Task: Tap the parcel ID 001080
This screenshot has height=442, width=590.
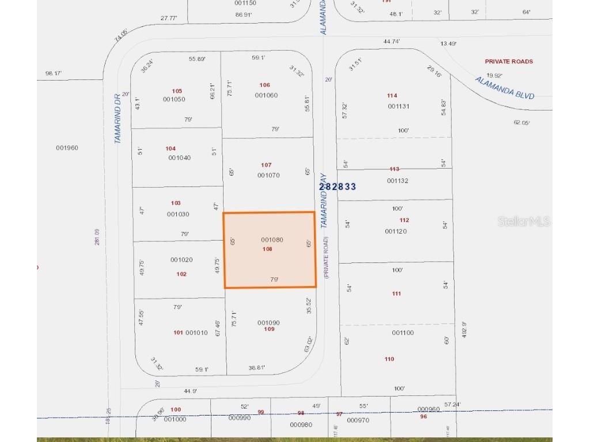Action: pos(272,239)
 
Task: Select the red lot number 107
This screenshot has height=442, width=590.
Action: pos(266,165)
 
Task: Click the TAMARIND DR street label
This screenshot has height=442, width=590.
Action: pos(118,118)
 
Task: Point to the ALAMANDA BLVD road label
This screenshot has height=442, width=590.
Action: pos(505,88)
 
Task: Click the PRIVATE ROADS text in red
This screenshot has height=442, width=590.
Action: pos(509,62)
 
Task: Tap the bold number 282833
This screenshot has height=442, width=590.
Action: pos(338,186)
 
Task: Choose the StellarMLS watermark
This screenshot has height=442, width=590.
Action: pos(524,221)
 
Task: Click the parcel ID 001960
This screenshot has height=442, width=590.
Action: pos(67,148)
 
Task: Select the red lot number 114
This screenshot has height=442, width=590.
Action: pos(392,96)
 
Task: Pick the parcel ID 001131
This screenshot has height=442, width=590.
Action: pos(398,106)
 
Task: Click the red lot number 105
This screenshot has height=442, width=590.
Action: pos(177,91)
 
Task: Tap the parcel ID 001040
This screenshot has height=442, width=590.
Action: pos(179,158)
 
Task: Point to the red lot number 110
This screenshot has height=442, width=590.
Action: pos(389,359)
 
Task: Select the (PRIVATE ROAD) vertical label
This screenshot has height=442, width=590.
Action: pos(326,257)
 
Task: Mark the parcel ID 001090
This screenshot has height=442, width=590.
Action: pos(268,323)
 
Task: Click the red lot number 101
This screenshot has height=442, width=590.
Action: pos(178,333)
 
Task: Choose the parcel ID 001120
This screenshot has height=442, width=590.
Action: pos(396,231)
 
